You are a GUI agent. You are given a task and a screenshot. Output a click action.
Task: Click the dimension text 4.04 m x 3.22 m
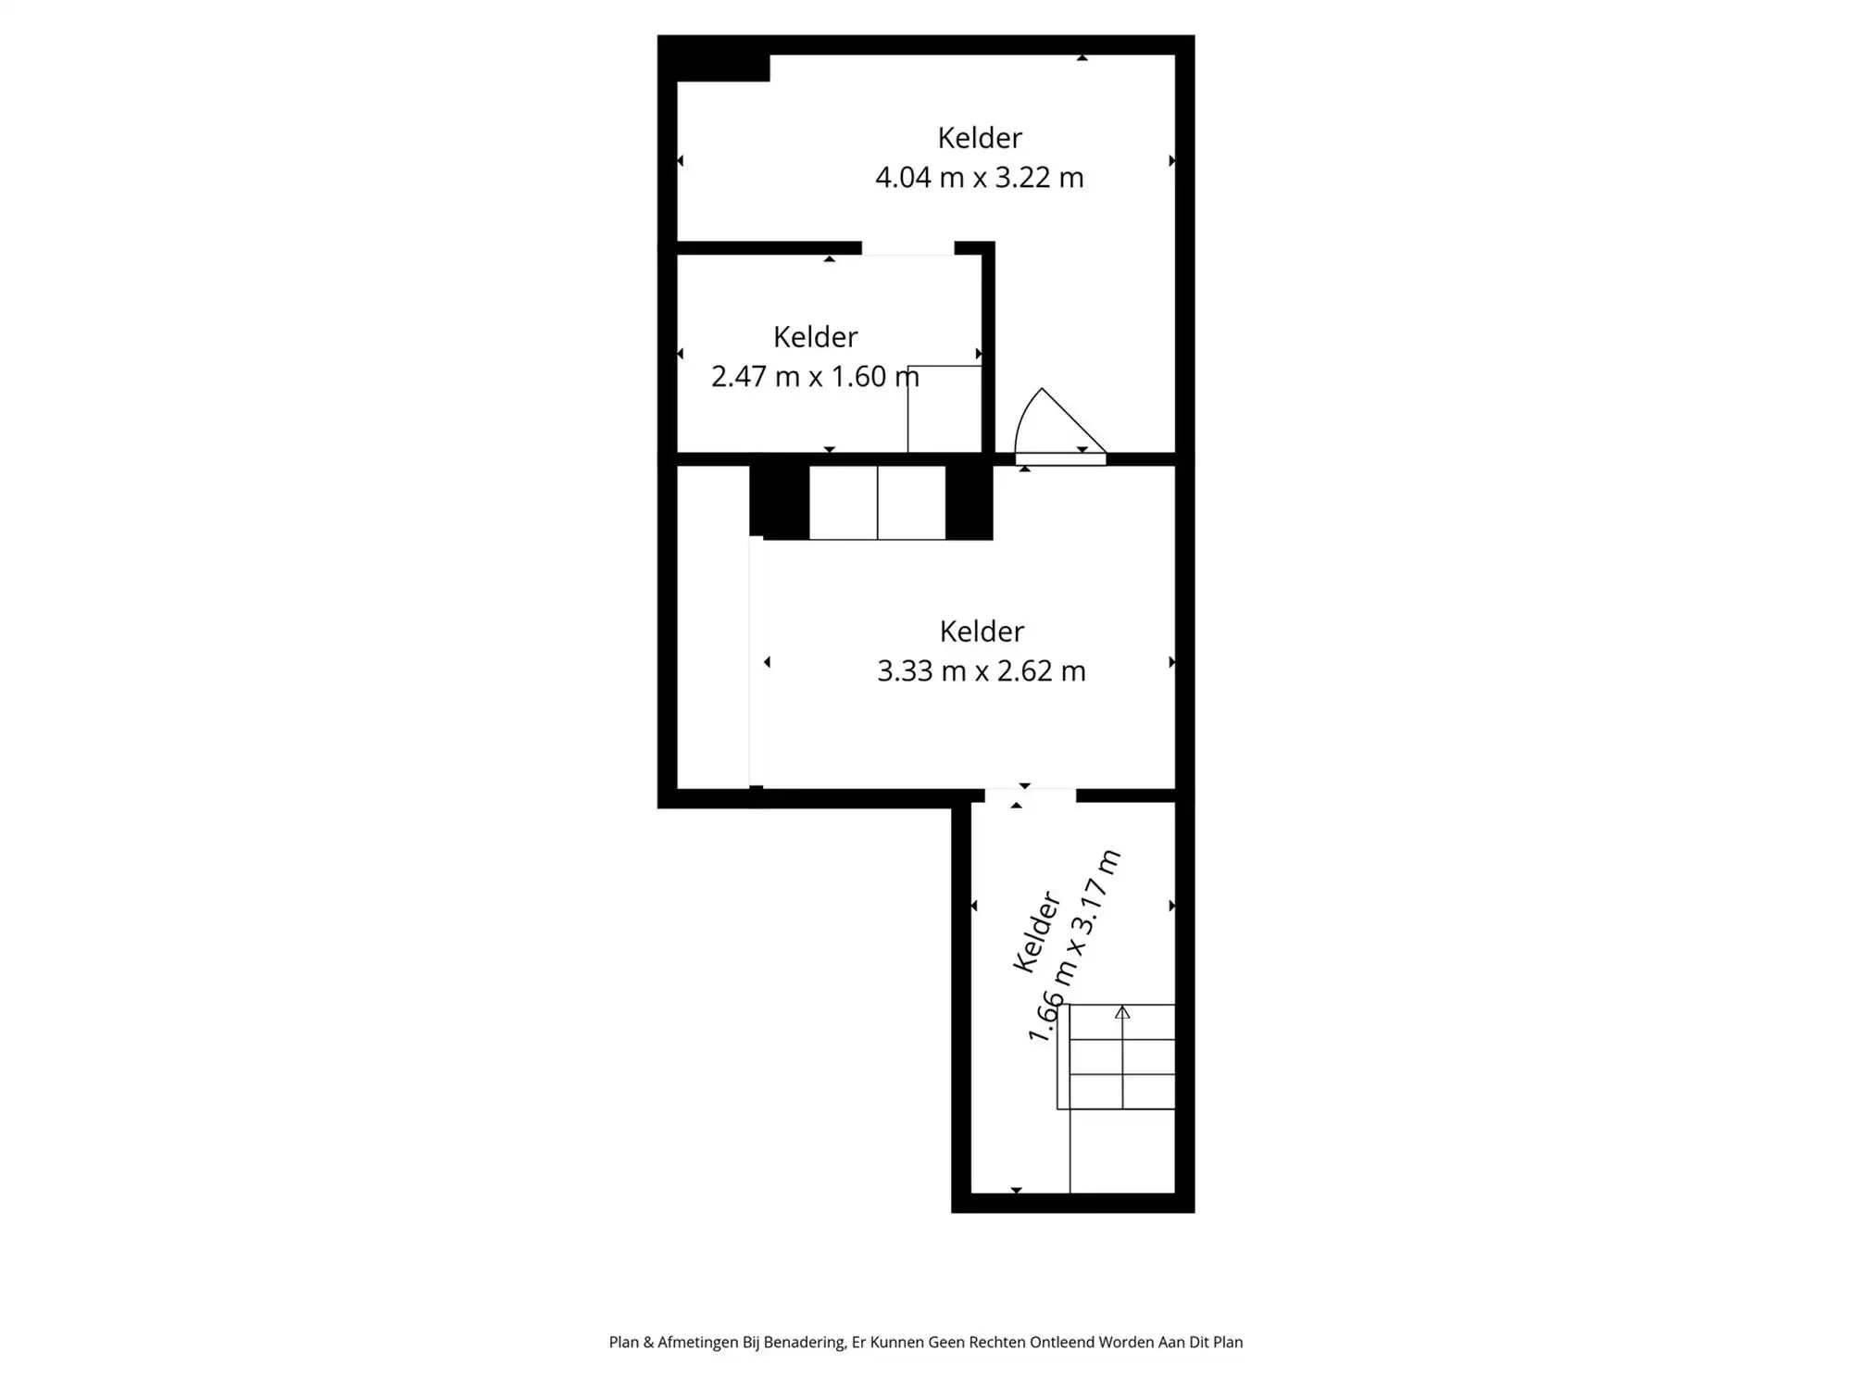point(979,177)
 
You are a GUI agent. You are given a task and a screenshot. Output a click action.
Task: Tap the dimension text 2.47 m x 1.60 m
point(814,376)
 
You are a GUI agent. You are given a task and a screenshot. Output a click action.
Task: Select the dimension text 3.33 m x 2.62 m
point(981,670)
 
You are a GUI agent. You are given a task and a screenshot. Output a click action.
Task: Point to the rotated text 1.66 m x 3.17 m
point(1074,946)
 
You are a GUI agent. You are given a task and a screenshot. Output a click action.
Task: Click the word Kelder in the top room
point(979,138)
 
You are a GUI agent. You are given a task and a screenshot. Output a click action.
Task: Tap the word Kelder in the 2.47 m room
point(815,337)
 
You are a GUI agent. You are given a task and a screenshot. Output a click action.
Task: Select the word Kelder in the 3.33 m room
point(981,632)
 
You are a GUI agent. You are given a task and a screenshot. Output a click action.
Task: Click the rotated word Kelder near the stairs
point(1036,932)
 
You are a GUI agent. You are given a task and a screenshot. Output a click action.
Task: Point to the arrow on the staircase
point(1122,1012)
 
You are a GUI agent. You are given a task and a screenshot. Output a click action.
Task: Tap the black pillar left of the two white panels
point(779,502)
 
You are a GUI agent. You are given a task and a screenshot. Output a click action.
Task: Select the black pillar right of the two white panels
point(969,502)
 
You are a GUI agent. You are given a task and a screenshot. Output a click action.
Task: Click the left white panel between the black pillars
point(843,502)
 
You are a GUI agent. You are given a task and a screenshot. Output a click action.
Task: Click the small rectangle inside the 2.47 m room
point(944,408)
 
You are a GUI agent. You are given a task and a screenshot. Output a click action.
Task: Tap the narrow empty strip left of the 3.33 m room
point(712,627)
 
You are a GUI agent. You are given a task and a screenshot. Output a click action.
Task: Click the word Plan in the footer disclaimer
point(624,1342)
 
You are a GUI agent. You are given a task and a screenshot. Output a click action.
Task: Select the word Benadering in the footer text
point(804,1342)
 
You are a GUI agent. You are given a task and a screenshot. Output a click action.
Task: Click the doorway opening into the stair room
point(1030,795)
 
